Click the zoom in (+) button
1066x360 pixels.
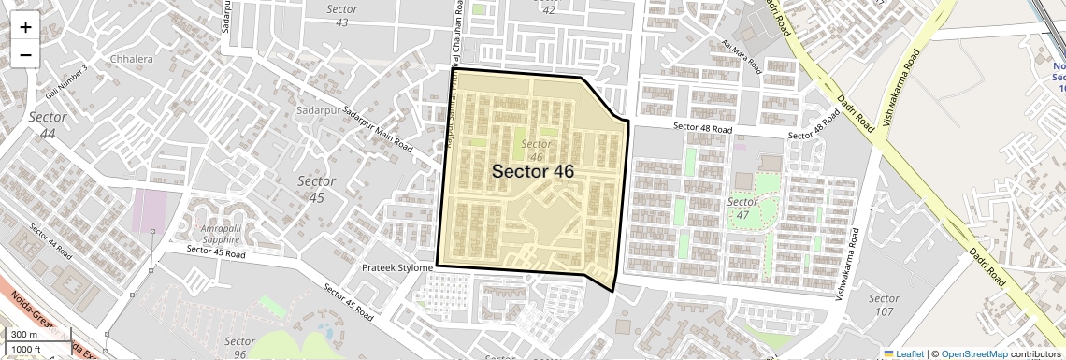25,27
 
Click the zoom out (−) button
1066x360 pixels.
25,55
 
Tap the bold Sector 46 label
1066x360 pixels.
532,171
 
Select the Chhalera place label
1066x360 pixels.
131,58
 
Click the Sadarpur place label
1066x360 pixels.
313,110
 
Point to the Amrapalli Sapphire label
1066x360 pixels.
226,234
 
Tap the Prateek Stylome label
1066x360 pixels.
396,268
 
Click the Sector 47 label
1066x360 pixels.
742,209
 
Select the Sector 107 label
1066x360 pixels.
883,305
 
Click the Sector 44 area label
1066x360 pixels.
48,125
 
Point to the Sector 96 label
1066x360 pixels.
240,347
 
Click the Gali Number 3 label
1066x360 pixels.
67,82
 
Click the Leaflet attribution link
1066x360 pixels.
902,353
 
